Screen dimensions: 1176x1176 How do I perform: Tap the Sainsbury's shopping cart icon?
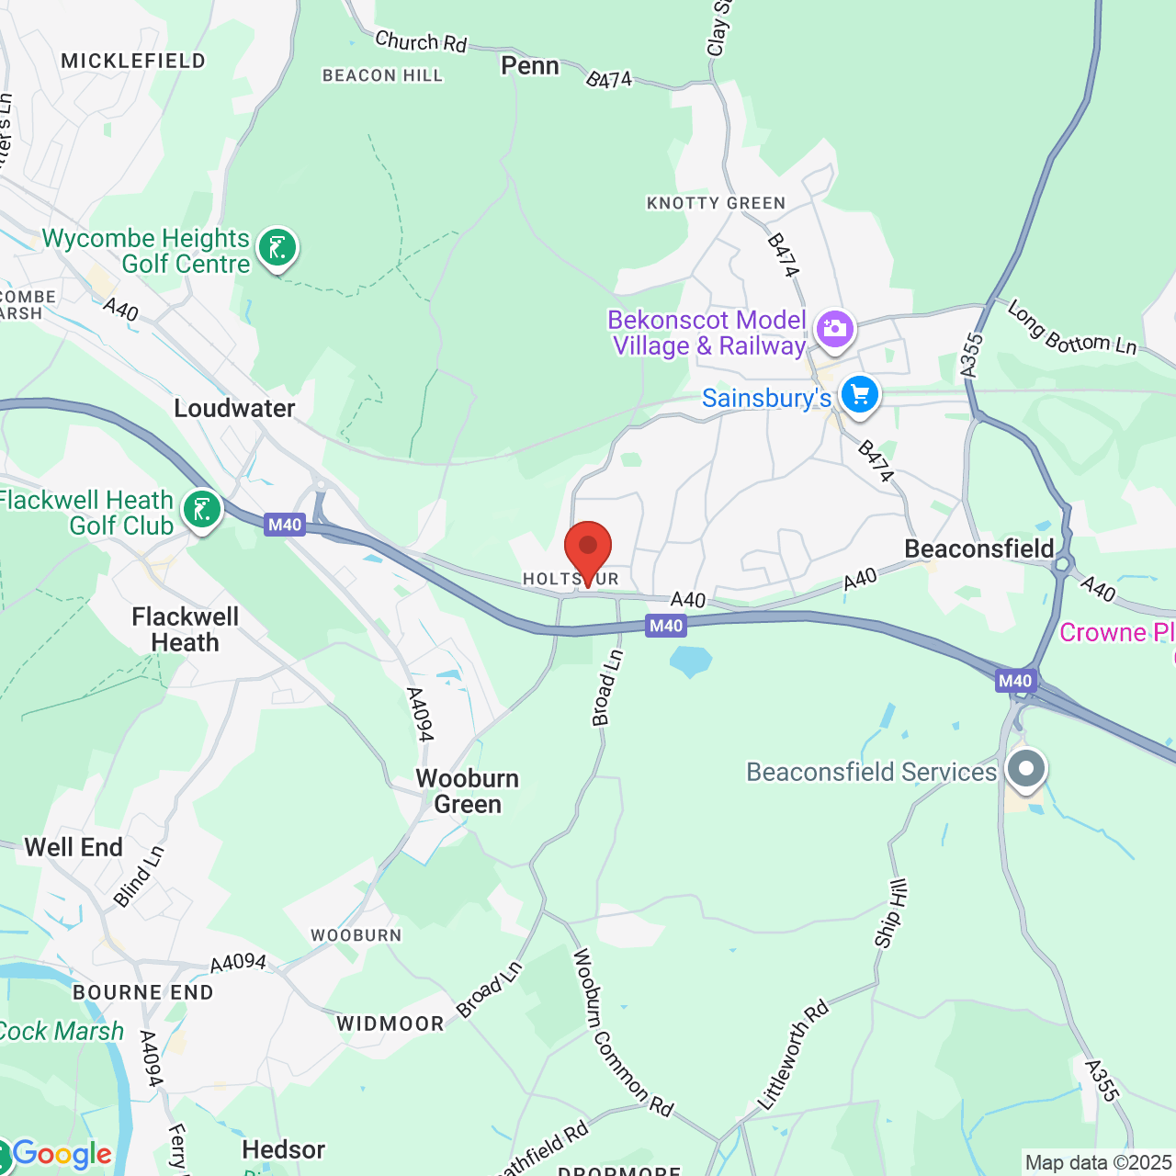[860, 395]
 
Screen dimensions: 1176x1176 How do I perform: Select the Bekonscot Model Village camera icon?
[834, 329]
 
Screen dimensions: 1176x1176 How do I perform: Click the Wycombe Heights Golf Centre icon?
[277, 247]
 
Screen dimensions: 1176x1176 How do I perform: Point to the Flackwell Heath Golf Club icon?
[202, 509]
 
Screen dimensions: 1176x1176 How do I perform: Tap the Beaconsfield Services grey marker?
[1026, 768]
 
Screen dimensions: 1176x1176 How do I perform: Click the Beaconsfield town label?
[979, 549]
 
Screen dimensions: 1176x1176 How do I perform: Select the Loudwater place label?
[234, 409]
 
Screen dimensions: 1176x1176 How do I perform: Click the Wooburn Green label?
[468, 791]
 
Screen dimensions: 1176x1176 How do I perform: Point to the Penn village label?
[530, 66]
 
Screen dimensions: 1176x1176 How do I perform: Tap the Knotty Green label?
[717, 203]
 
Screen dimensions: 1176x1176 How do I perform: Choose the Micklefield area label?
[133, 62]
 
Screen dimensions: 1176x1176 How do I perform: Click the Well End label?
[73, 847]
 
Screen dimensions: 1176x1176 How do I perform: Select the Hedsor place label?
[283, 1150]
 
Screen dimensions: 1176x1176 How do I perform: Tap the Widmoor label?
[390, 1023]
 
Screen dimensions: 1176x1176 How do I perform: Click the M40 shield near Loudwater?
[285, 525]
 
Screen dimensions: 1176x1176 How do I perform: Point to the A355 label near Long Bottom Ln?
[971, 356]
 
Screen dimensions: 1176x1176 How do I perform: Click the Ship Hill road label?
[890, 913]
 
